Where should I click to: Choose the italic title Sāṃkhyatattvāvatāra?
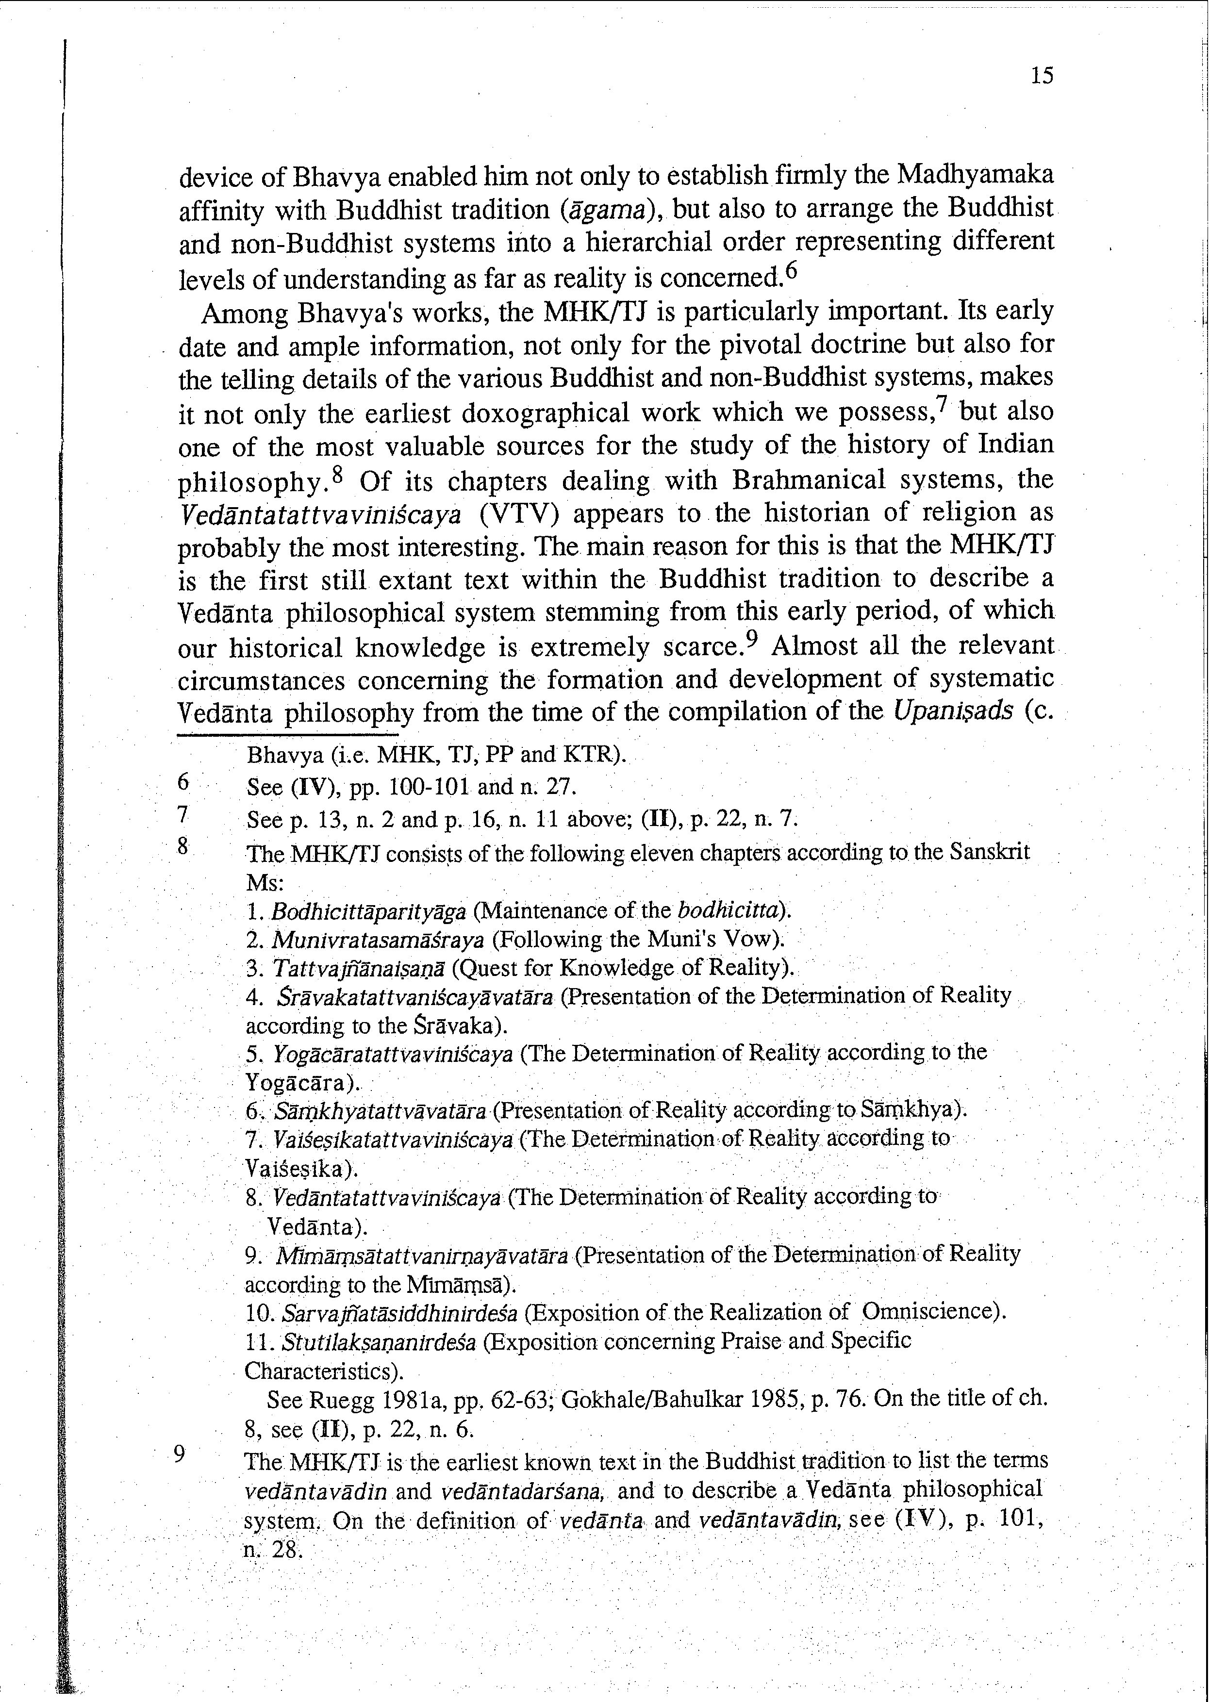click(381, 1111)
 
